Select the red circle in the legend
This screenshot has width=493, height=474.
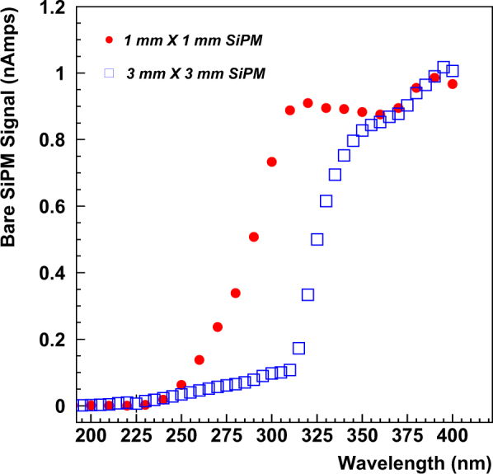pyautogui.click(x=109, y=39)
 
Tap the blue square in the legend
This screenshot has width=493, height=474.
pyautogui.click(x=109, y=74)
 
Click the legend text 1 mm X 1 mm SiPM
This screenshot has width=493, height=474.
pyautogui.click(x=195, y=40)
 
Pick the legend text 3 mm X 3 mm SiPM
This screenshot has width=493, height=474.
pyautogui.click(x=195, y=75)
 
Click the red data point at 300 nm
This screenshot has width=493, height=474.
pyautogui.click(x=271, y=162)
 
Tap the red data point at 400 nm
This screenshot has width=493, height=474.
pyautogui.click(x=452, y=84)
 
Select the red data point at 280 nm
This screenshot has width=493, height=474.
pyautogui.click(x=235, y=293)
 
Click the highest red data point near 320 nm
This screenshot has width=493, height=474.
pyautogui.click(x=308, y=103)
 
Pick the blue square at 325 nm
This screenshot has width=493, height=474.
pyautogui.click(x=317, y=239)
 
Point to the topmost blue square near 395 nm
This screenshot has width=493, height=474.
pyautogui.click(x=443, y=68)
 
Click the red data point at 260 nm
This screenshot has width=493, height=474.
pyautogui.click(x=199, y=359)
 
